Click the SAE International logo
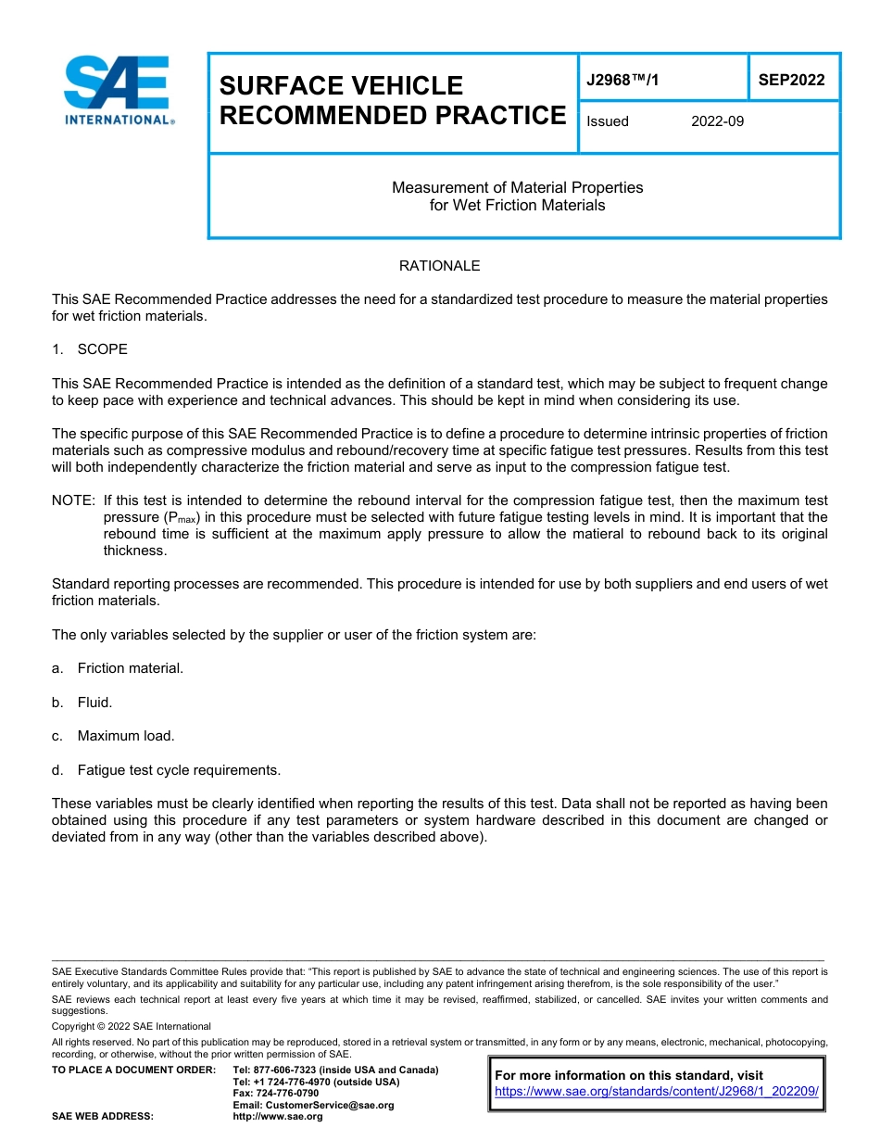point(118,90)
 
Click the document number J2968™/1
point(622,81)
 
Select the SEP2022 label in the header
point(791,81)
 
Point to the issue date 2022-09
point(717,121)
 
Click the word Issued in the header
point(608,121)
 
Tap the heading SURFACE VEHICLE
point(341,85)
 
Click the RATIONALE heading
point(439,266)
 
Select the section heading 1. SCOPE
point(90,349)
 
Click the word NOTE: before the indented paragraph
point(73,500)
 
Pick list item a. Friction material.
point(118,668)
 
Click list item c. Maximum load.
point(113,736)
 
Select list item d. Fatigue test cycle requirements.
point(166,770)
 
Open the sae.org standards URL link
point(657,1092)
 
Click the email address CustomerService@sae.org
point(313,1105)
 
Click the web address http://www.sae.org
point(278,1117)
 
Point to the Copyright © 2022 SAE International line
point(132,1027)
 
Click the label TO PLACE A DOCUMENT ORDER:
point(133,1070)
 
